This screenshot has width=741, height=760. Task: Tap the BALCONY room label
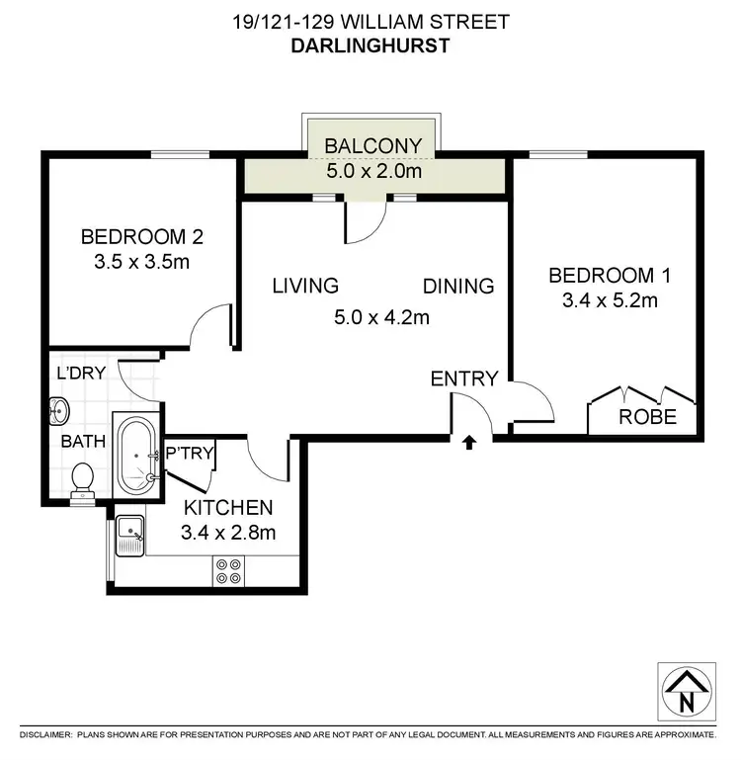click(373, 146)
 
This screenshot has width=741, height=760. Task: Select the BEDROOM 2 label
click(141, 237)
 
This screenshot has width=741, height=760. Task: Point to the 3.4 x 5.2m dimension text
click(603, 300)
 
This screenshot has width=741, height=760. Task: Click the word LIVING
click(305, 287)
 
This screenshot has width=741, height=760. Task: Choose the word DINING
click(458, 287)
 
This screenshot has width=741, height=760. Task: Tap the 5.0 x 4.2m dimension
click(380, 317)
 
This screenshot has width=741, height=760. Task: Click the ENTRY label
click(463, 378)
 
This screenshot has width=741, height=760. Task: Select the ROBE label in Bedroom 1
click(647, 417)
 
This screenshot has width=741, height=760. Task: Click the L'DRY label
click(81, 373)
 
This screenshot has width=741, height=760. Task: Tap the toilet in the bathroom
click(83, 478)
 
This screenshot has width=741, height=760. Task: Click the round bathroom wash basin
click(57, 408)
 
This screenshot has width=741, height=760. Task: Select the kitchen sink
click(129, 537)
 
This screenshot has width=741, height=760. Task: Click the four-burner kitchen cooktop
click(228, 570)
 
